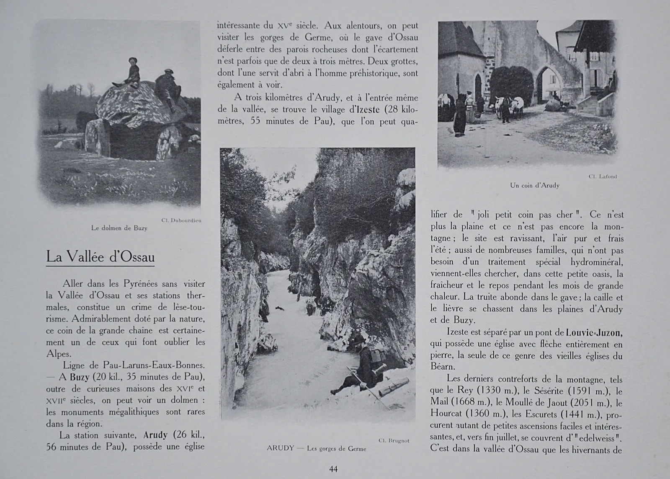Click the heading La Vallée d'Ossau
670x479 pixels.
pos(100,256)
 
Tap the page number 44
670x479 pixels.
pos(333,469)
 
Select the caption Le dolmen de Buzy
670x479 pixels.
pos(119,228)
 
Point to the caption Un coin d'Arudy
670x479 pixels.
pos(534,185)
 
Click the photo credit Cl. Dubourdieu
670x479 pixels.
pos(181,220)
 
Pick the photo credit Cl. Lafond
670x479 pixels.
pos(602,176)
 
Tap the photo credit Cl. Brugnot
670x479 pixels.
pos(394,440)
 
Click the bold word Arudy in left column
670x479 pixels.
pos(155,435)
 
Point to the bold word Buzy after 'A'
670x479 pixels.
pos(80,377)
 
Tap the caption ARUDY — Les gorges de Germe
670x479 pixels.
pos(316,448)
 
